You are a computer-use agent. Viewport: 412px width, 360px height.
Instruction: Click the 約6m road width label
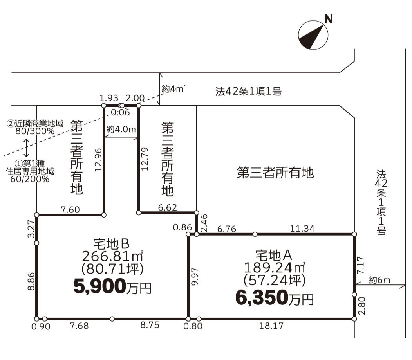tap(379, 280)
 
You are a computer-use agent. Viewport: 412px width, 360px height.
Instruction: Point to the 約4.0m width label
tap(121, 130)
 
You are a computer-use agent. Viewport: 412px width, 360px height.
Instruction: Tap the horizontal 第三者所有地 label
tap(275, 173)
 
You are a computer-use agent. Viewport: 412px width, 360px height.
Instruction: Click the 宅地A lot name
tap(274, 256)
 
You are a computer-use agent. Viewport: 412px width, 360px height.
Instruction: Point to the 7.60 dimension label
tap(70, 210)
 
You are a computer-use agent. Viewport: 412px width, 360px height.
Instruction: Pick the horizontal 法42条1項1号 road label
tap(248, 92)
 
